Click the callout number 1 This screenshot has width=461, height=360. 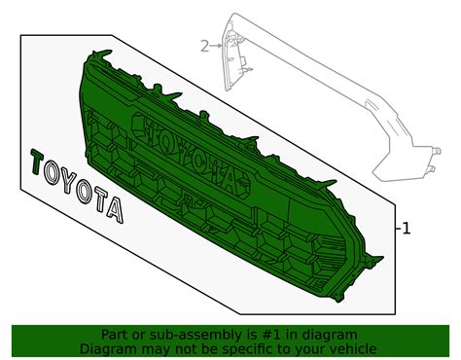408,229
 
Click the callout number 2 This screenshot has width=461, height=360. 204,46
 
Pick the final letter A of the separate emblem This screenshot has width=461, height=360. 116,208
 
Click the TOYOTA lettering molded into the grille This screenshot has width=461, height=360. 186,151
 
